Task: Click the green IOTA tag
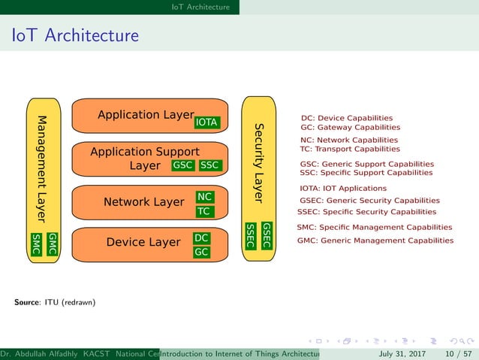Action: tap(206, 123)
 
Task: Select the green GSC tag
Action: tap(182, 165)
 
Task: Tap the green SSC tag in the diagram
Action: tap(210, 165)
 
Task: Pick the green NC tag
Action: tap(203, 197)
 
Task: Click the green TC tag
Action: tap(203, 212)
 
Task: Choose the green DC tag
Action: tap(201, 237)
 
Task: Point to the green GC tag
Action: tap(201, 253)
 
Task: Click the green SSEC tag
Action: tap(251, 235)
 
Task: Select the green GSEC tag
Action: tap(266, 235)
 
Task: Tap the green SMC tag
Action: tap(36, 244)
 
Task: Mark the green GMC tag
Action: tap(52, 244)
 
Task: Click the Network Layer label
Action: tap(143, 202)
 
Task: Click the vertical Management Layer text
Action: tap(43, 169)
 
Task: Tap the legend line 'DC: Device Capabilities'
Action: tap(346, 118)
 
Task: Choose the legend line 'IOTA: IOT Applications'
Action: tap(343, 189)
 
